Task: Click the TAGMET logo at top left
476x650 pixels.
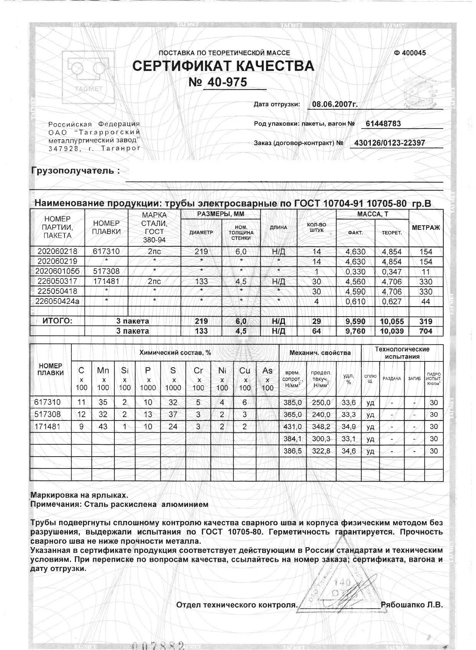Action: point(88,76)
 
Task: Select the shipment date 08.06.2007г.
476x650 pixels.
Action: point(335,104)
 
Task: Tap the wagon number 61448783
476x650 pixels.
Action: point(383,124)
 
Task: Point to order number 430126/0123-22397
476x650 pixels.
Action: point(389,143)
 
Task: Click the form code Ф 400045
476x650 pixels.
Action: point(410,53)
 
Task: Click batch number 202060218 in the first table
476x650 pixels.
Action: point(57,252)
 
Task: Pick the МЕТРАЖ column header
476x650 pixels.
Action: point(426,228)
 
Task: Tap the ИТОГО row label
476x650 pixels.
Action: point(57,321)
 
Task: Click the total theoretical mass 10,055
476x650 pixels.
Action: point(392,322)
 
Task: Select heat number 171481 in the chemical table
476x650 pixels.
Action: point(47,426)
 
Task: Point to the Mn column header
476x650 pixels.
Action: point(103,371)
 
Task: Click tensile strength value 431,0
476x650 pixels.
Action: point(293,427)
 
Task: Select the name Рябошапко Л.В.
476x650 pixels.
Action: point(412,605)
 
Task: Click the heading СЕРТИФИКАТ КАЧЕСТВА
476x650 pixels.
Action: point(223,66)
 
